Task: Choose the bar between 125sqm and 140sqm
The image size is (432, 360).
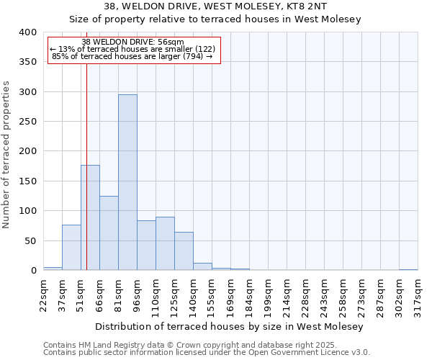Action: [184, 251]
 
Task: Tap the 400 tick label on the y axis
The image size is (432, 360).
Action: [27, 32]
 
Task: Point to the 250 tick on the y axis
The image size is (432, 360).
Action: [27, 122]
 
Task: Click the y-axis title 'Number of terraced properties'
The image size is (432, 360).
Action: [6, 155]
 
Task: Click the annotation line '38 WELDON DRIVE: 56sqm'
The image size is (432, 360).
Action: [133, 42]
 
